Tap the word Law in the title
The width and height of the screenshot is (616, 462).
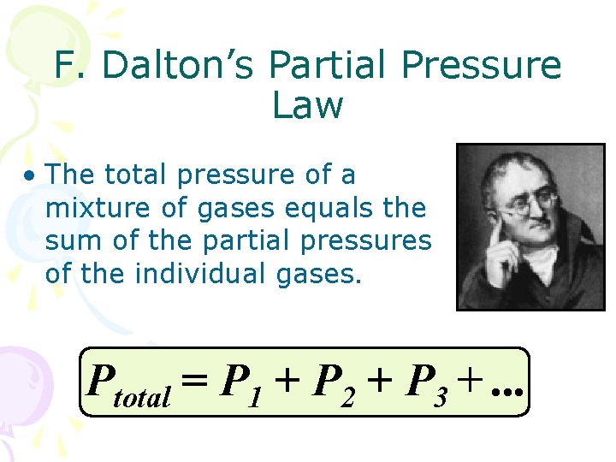(x=307, y=106)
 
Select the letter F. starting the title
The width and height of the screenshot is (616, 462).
(x=66, y=66)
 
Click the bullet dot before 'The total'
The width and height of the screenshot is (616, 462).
(x=30, y=177)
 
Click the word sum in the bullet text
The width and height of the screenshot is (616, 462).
(x=67, y=240)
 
